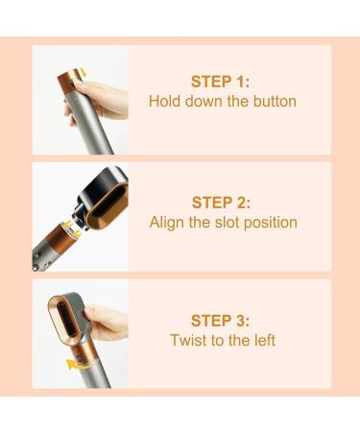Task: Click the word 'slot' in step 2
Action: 239,222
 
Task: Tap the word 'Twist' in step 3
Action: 188,340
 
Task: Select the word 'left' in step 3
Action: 263,340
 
